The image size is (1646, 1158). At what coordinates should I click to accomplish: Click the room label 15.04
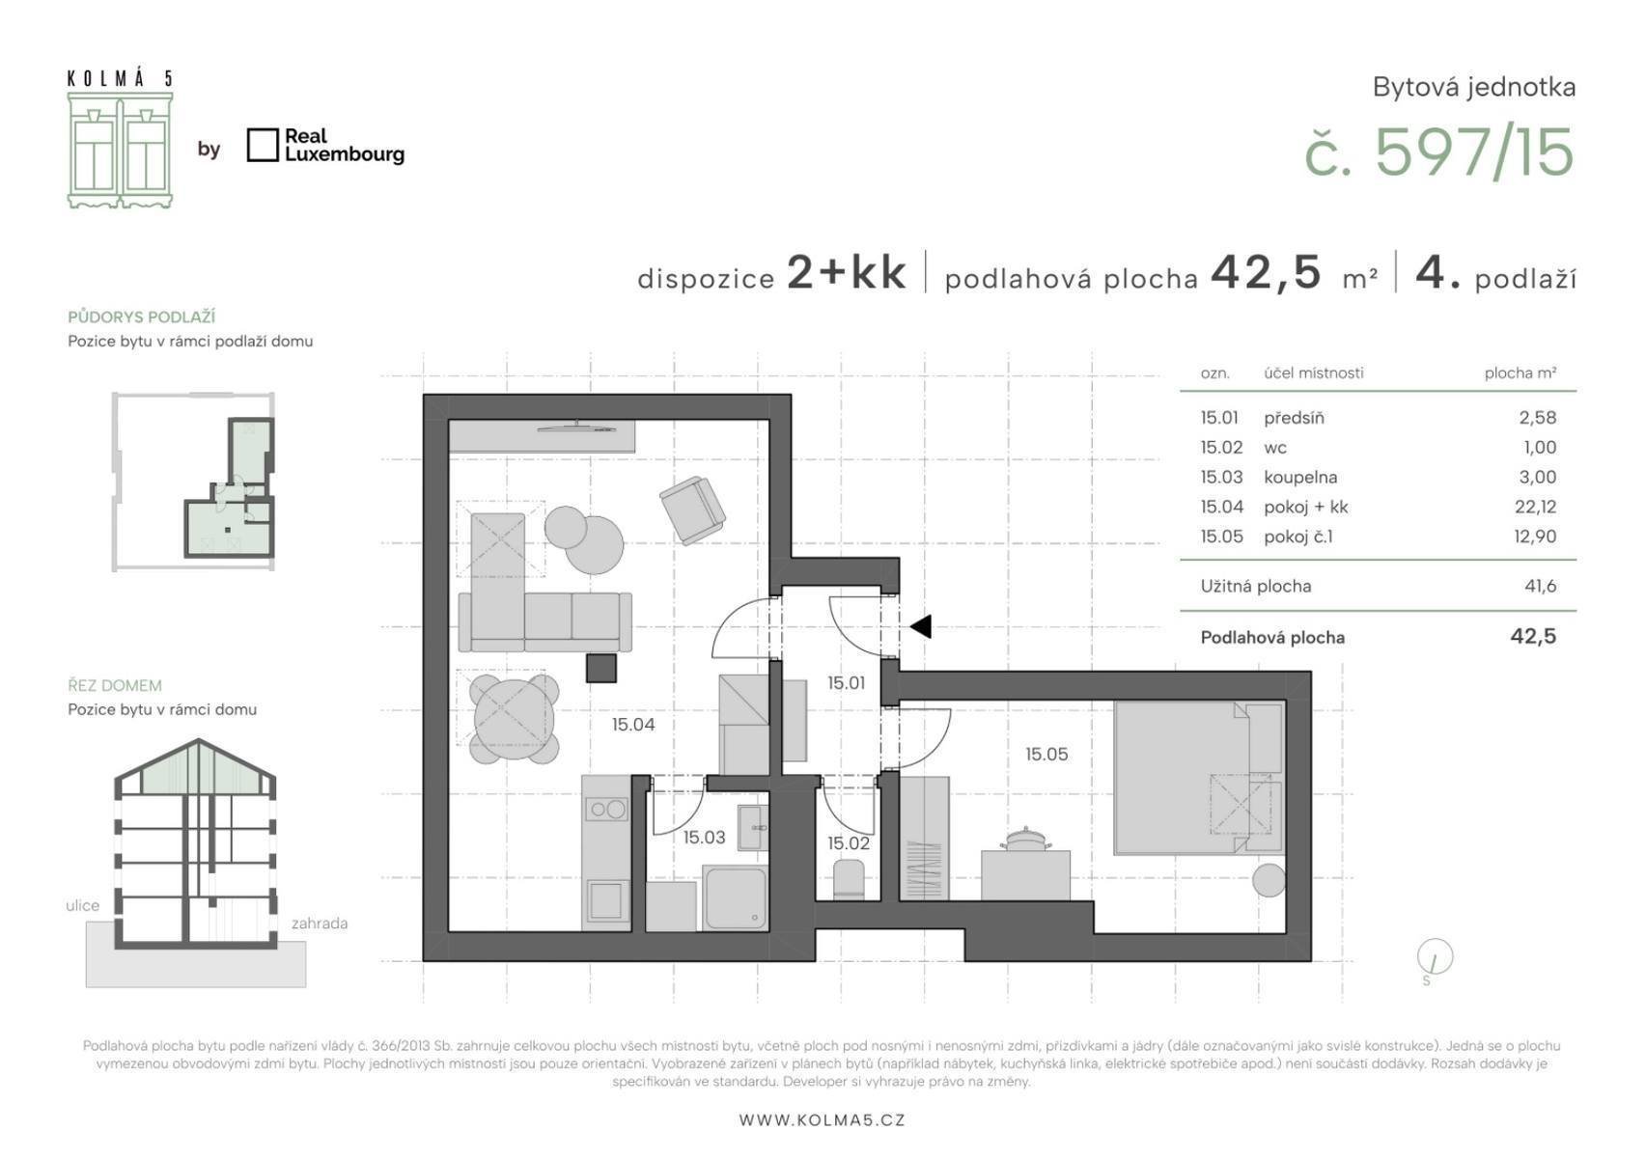tap(633, 725)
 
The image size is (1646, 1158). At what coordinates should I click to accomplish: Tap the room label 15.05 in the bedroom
tap(1046, 754)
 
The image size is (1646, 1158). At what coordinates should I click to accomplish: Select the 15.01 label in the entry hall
tap(846, 683)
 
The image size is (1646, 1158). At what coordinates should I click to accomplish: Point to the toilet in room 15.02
tap(850, 879)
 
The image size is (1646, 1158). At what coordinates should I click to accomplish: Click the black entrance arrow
tap(921, 626)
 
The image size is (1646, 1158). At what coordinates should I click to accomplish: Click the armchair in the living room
tap(692, 510)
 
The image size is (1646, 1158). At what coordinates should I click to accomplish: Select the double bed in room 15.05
tap(1199, 778)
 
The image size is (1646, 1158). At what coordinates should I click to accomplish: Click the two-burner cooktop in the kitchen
tap(606, 810)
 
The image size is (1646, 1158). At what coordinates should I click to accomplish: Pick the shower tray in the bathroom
tap(735, 897)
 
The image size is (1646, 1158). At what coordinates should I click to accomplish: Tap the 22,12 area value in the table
tap(1535, 507)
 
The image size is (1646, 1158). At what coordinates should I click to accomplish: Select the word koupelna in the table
tap(1300, 478)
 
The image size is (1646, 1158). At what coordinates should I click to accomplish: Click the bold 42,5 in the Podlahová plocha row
tap(1533, 636)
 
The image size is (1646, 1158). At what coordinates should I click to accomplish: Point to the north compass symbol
tap(1435, 957)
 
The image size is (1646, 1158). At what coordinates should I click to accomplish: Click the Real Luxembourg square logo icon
tap(263, 145)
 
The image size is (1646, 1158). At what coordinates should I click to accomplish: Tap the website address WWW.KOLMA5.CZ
tap(823, 1119)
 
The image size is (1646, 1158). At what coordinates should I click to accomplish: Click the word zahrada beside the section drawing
tap(320, 923)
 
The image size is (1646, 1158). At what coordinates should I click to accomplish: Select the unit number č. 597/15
tap(1438, 152)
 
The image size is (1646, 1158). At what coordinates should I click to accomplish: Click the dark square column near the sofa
tap(601, 668)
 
